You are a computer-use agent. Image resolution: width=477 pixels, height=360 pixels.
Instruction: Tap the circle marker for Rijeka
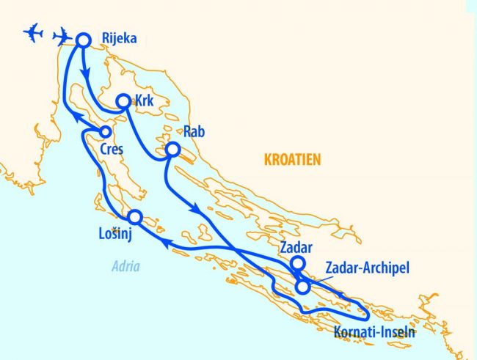[83, 40]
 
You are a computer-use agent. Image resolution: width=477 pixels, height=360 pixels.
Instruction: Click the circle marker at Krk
[124, 102]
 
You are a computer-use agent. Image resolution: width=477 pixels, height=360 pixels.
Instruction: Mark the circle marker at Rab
[172, 150]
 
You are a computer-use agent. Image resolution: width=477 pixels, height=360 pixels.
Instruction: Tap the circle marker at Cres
[105, 132]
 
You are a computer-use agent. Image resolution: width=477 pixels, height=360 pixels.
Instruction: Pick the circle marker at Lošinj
[134, 217]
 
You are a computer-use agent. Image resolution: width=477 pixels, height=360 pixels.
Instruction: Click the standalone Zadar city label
[296, 247]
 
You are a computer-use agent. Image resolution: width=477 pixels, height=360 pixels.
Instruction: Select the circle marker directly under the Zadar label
[298, 264]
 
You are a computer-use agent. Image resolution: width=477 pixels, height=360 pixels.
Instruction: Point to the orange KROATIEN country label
[292, 160]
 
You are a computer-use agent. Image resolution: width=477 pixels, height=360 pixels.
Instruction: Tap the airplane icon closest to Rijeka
[64, 35]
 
